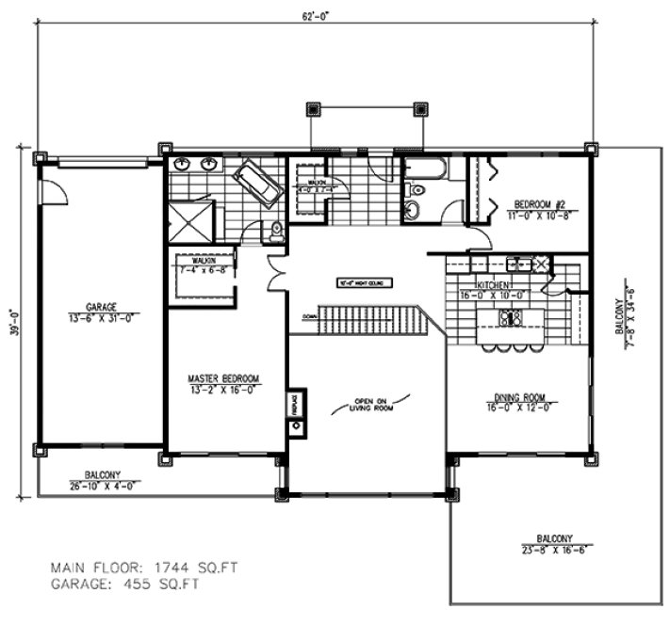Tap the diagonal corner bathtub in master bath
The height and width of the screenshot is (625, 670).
tap(256, 183)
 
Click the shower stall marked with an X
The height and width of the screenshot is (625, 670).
tap(191, 224)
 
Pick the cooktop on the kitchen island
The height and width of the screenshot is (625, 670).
tap(511, 318)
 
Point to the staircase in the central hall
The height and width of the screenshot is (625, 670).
tap(367, 320)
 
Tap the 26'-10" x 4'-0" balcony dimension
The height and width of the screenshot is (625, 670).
tap(101, 483)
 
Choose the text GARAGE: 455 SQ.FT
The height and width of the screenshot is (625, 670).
tap(126, 584)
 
